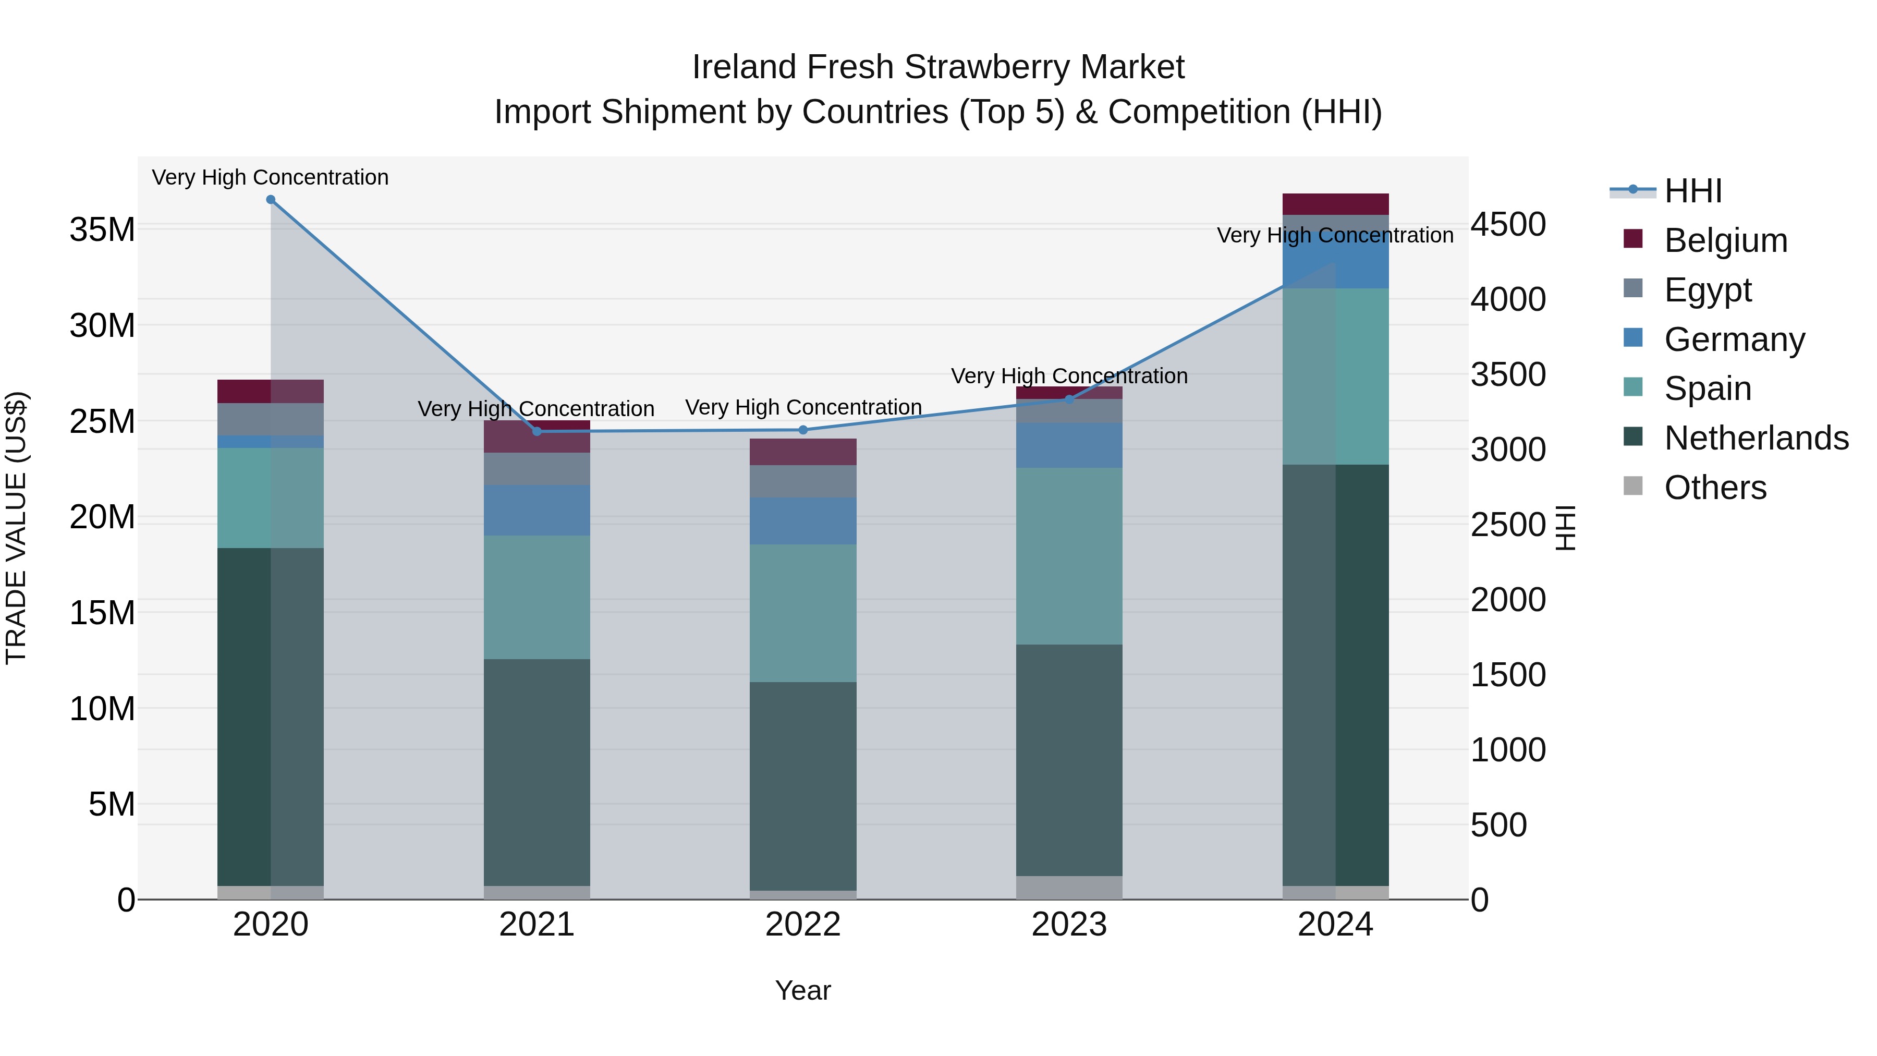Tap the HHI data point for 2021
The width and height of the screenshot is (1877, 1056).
click(x=537, y=431)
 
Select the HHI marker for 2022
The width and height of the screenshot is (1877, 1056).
click(x=803, y=430)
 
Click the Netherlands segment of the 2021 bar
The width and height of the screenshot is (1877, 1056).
click(x=537, y=772)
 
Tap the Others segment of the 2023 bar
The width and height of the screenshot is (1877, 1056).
click(x=1069, y=888)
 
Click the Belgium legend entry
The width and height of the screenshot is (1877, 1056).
click(x=1725, y=240)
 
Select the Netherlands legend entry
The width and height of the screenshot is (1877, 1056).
click(x=1756, y=438)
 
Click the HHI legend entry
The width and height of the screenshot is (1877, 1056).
click(x=1692, y=191)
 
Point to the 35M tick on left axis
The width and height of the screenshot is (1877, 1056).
click(x=102, y=229)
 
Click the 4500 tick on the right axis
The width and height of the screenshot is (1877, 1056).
click(x=1507, y=224)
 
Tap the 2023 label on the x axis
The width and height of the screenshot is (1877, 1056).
click(x=1069, y=925)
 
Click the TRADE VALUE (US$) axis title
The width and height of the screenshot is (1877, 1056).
click(x=16, y=528)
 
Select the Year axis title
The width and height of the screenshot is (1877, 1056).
click(x=802, y=990)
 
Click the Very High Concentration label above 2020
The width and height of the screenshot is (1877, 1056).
click(x=270, y=177)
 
